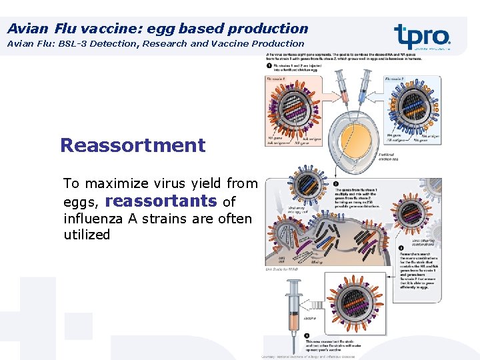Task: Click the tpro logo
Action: pos(421,35)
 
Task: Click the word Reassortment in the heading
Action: pos(133,145)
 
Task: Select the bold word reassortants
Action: pos(161,201)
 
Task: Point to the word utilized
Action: pos(87,235)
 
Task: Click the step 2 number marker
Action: pos(337,183)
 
